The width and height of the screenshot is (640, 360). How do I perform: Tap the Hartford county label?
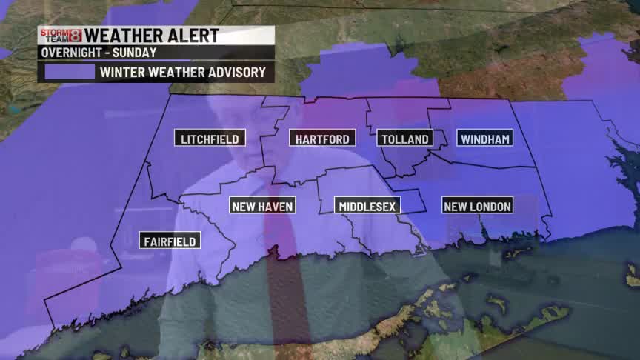coord(322,139)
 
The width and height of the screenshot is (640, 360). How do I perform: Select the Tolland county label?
coord(404,139)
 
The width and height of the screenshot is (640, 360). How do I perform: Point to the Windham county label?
coord(485,139)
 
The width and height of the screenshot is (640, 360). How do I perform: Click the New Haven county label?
coord(263,206)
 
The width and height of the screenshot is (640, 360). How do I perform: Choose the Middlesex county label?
coord(367,206)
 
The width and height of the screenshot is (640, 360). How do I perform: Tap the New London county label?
coord(477,206)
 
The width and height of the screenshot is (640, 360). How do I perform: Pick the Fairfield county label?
coord(170,241)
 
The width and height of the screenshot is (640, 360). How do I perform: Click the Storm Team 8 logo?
coord(60,36)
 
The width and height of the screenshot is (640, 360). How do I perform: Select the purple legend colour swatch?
coord(69,72)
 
